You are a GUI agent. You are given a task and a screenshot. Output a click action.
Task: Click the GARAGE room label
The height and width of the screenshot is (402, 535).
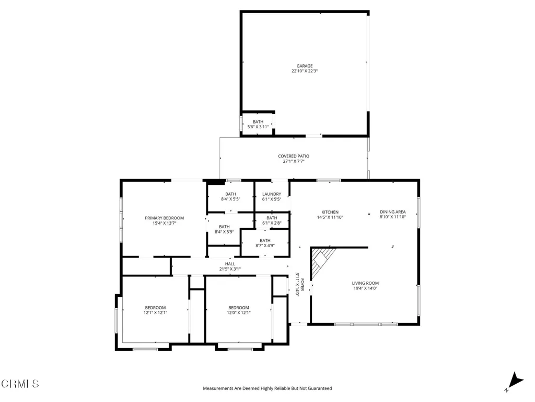click(305, 66)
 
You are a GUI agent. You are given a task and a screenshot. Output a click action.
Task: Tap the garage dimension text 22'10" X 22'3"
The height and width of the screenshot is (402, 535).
click(305, 71)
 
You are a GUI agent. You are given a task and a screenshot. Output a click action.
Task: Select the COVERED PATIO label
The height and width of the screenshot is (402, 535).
click(294, 156)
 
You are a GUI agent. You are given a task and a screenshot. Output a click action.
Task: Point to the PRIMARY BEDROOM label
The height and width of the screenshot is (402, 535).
click(164, 218)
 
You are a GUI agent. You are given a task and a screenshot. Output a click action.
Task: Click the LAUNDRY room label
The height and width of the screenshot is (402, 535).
click(272, 194)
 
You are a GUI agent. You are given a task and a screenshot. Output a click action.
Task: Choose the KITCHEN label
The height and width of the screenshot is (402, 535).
click(330, 213)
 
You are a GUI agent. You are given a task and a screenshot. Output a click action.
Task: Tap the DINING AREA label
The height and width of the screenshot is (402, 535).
click(393, 212)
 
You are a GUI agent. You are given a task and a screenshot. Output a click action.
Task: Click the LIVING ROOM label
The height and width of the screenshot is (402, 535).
click(365, 283)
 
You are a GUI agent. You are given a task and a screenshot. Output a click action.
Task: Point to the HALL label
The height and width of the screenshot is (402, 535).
click(230, 264)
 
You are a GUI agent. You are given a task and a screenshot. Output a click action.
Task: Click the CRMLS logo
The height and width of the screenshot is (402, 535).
click(20, 384)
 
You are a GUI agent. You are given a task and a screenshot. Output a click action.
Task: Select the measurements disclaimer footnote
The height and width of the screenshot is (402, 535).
click(267, 388)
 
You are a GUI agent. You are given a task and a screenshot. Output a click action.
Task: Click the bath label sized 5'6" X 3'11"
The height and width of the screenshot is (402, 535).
click(258, 125)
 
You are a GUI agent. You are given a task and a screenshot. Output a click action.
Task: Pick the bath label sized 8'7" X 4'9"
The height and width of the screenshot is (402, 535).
click(265, 243)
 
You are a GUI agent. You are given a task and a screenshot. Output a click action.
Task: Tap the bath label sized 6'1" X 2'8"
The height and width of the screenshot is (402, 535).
click(272, 220)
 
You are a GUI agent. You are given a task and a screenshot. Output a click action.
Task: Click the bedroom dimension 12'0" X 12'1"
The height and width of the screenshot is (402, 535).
click(238, 313)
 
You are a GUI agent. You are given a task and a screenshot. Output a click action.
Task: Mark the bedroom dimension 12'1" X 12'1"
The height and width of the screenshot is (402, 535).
click(155, 313)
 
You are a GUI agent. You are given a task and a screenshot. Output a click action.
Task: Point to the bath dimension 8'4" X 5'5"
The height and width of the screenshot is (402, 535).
click(230, 199)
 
